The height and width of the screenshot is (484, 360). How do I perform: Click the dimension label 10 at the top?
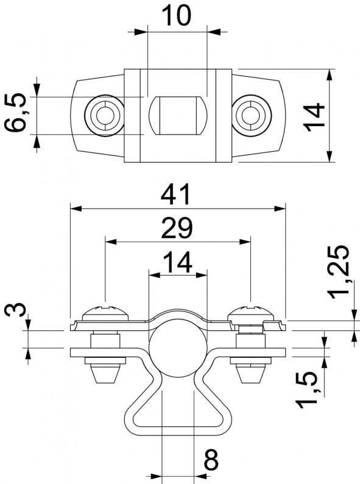click(x=176, y=15)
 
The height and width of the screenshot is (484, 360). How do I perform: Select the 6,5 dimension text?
click(x=15, y=112)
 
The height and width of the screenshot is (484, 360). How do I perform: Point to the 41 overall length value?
click(x=176, y=195)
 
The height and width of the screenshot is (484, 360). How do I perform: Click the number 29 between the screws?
click(x=177, y=228)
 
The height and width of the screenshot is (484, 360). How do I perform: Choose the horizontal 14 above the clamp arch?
click(x=177, y=262)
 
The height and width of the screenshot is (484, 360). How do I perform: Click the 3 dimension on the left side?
click(x=15, y=309)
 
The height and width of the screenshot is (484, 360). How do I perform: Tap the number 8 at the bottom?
click(x=211, y=460)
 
